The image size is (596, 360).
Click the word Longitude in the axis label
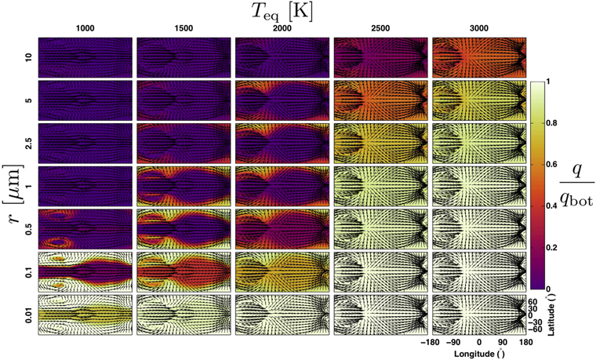pos(462,353)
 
